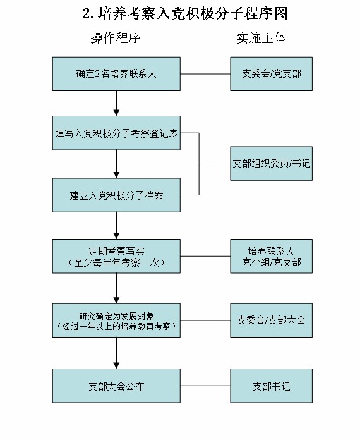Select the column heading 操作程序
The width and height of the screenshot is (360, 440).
[x=116, y=38]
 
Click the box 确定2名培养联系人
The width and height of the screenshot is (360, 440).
[x=116, y=74]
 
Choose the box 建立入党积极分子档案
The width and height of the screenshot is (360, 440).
[x=116, y=195]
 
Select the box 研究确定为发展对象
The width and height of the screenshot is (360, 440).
[x=116, y=320]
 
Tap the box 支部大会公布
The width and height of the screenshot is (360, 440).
[x=116, y=386]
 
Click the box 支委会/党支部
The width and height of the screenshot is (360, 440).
[x=271, y=74]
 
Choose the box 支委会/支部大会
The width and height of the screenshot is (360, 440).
[x=271, y=320]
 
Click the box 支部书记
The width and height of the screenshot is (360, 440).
[x=271, y=386]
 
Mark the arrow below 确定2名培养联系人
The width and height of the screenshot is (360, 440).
[x=116, y=103]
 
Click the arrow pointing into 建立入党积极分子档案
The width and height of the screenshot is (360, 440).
[x=116, y=164]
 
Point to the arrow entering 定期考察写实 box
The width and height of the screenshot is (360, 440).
[x=116, y=225]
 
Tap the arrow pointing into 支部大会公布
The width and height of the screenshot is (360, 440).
[x=116, y=354]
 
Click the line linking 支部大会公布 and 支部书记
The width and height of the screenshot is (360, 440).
[x=205, y=386]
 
